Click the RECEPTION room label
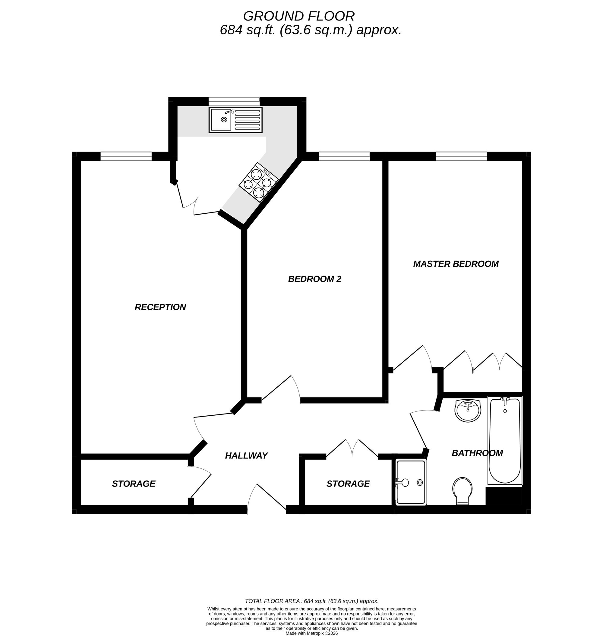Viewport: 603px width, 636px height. coord(160,307)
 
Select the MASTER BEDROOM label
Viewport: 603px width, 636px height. coord(456,264)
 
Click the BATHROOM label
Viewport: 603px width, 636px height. coord(477,453)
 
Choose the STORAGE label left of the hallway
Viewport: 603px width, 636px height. coord(133,484)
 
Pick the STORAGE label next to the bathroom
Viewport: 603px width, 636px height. coord(348,484)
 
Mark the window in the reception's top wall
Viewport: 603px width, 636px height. coord(126,156)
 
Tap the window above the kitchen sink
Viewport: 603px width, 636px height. coord(234,101)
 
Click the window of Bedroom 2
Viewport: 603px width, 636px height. coord(344,156)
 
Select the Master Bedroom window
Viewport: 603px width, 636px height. coord(461,156)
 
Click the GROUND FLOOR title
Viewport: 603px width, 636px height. coord(298,16)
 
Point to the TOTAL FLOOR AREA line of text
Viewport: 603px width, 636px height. coord(311,601)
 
